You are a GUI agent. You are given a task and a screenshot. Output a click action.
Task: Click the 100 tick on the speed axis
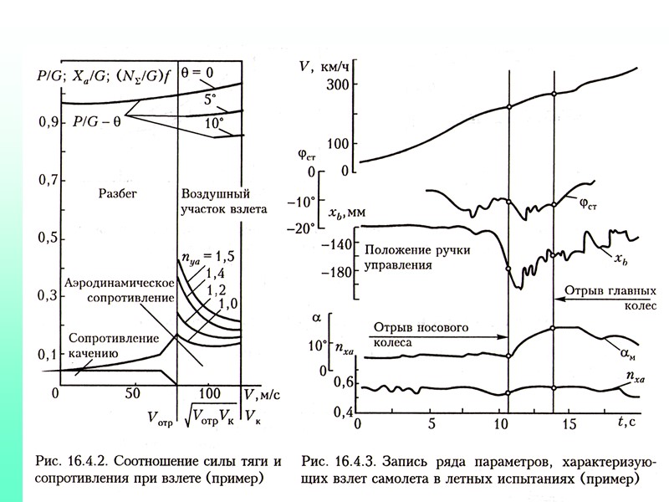(x=336, y=143)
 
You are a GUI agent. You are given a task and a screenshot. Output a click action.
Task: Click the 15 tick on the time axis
(x=569, y=423)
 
